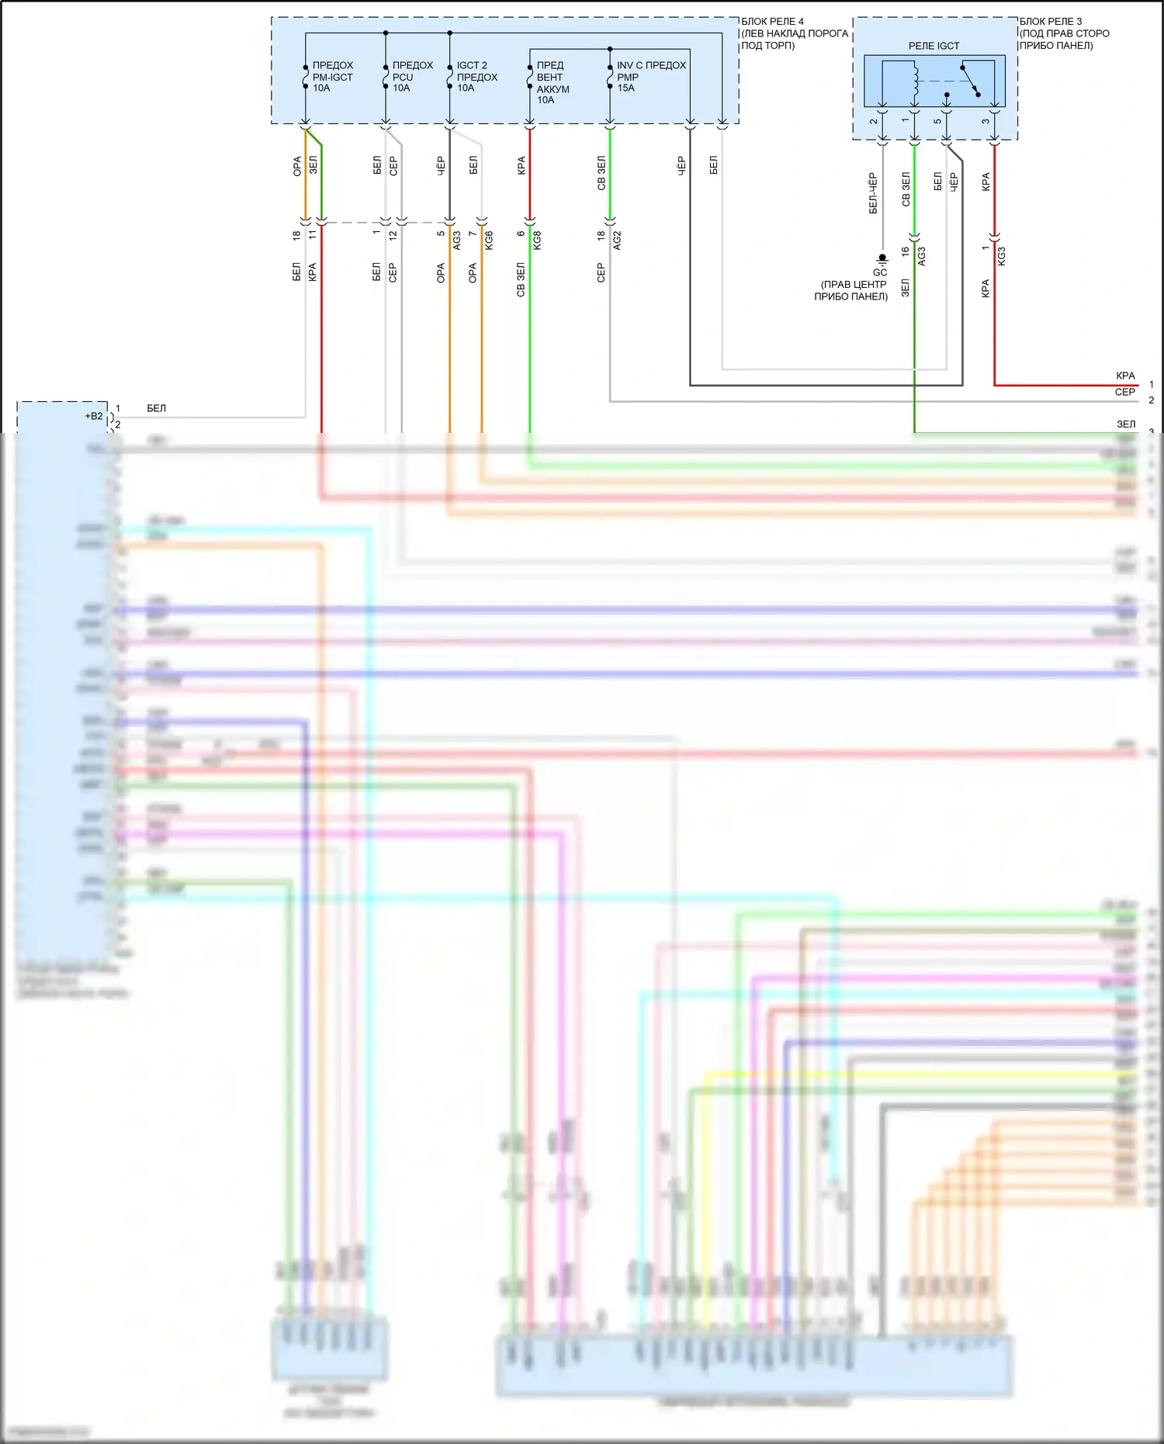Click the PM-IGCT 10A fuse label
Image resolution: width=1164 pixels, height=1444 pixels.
(x=332, y=77)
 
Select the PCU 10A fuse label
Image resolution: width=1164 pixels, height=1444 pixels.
(x=412, y=77)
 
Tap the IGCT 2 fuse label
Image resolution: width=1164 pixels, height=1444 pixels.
(x=472, y=66)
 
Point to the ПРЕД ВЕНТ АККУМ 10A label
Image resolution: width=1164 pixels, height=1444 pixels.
(x=553, y=82)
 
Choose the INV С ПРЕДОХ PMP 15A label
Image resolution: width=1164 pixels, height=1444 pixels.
(x=651, y=77)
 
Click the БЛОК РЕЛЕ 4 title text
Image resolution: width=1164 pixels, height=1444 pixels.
(x=772, y=22)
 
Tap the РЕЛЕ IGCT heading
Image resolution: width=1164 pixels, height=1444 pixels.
(x=934, y=46)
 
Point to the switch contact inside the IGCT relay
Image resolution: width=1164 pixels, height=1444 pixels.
(x=970, y=81)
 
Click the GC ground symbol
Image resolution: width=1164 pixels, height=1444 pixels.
(x=882, y=259)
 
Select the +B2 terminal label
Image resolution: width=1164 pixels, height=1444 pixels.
(x=94, y=416)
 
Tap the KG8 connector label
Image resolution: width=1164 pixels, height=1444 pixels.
(x=537, y=241)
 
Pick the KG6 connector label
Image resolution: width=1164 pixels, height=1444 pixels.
(x=489, y=241)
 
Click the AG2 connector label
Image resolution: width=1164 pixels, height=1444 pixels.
(x=617, y=241)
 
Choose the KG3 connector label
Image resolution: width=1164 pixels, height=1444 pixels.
(x=1001, y=256)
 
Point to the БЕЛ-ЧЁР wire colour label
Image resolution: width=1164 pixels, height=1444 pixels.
(x=873, y=193)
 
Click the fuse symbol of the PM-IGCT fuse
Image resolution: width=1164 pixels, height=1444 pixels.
(x=306, y=77)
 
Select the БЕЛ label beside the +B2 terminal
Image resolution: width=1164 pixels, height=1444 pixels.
(x=156, y=408)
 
